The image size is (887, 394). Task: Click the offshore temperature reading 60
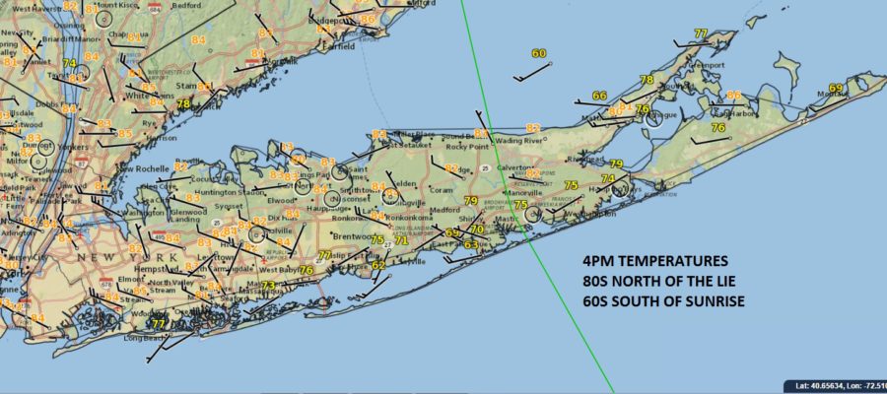pyautogui.click(x=538, y=54)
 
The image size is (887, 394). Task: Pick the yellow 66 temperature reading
pyautogui.click(x=599, y=96)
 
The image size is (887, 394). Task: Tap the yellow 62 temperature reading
pyautogui.click(x=378, y=265)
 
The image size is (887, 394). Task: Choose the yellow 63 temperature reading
pyautogui.click(x=471, y=244)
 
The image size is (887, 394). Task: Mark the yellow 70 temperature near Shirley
pyautogui.click(x=477, y=230)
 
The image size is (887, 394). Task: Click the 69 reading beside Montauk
pyautogui.click(x=836, y=89)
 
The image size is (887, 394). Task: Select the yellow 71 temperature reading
pyautogui.click(x=401, y=240)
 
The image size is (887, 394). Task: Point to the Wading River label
pyautogui.click(x=519, y=141)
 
